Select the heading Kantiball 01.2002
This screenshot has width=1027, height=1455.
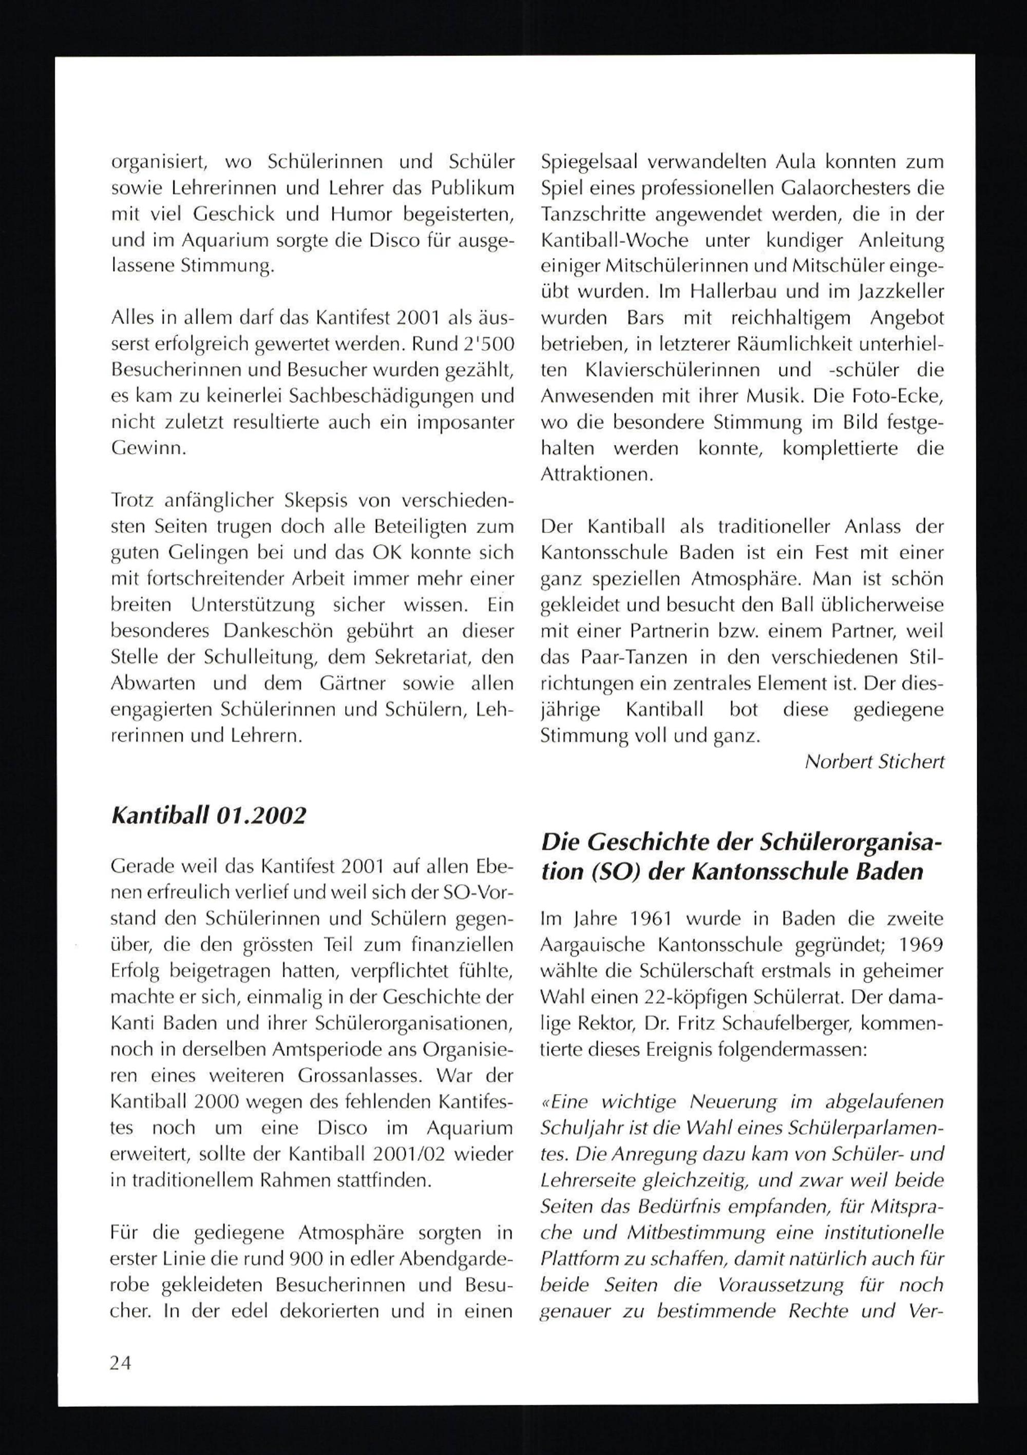click(x=208, y=816)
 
